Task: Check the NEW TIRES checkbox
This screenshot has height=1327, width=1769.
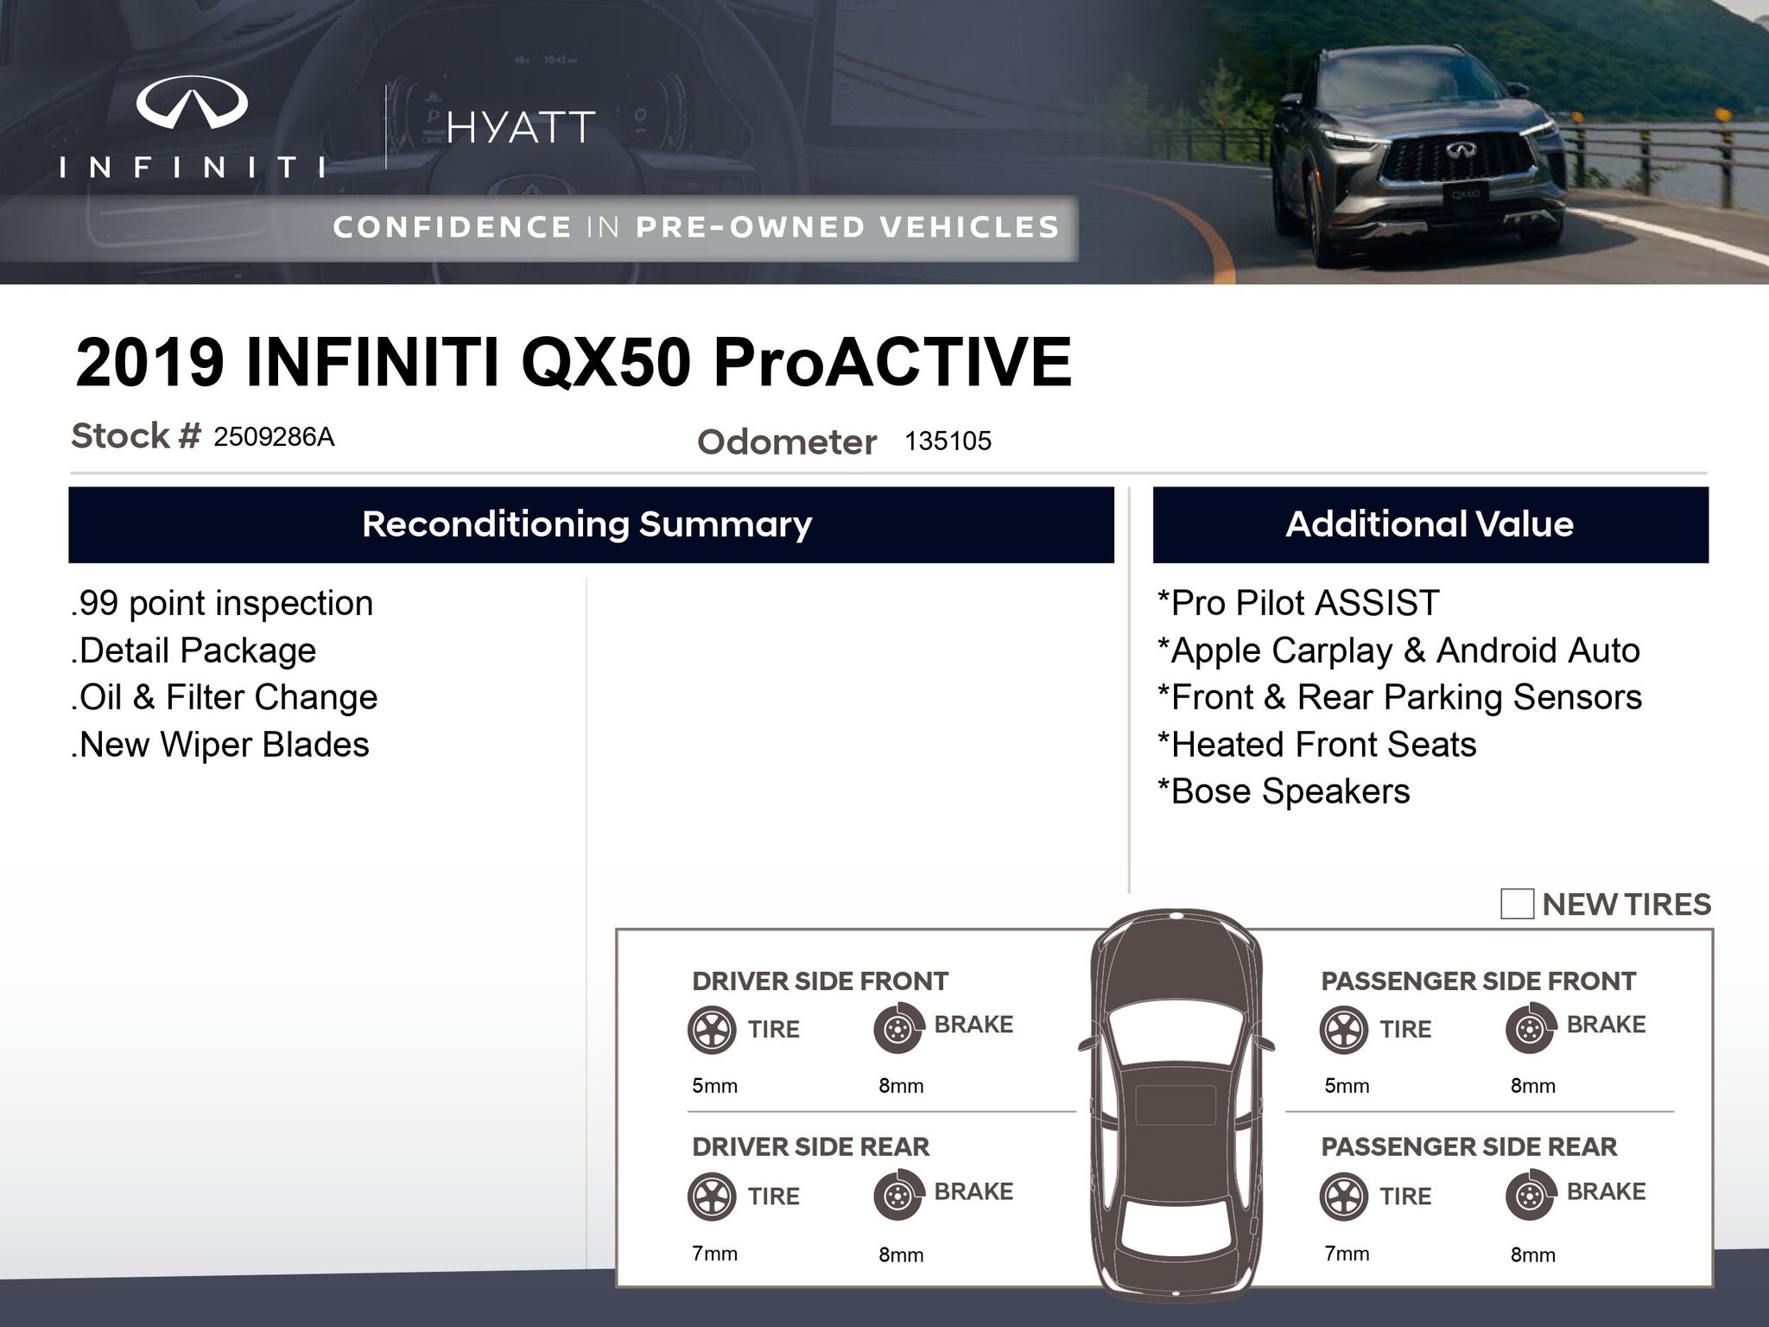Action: tap(1517, 904)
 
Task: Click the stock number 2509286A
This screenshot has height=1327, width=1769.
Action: tap(274, 437)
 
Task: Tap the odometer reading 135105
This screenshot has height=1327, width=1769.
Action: tap(948, 441)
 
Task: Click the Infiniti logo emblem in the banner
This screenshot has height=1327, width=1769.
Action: tap(192, 102)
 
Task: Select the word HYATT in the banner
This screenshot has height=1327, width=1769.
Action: tap(521, 128)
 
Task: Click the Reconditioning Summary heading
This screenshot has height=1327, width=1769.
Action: tap(587, 524)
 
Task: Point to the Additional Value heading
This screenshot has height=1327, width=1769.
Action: tap(1430, 524)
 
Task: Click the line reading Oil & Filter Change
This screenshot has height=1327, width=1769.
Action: tap(225, 697)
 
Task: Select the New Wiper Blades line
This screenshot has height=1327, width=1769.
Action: tap(220, 745)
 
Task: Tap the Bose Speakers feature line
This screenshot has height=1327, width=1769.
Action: tap(1284, 791)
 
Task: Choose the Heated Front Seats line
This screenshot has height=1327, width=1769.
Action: tap(1317, 745)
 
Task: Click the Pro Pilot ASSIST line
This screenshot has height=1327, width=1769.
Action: tap(1298, 603)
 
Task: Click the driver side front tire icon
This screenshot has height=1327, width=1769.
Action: tap(712, 1029)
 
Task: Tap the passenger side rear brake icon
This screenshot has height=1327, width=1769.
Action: tap(1530, 1196)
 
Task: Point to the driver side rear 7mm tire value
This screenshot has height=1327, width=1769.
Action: tap(714, 1254)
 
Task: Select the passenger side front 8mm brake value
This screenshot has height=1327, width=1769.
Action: tap(1532, 1086)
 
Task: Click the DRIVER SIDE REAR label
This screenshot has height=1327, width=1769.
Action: tap(810, 1146)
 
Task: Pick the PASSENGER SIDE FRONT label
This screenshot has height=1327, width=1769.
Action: tap(1478, 981)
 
